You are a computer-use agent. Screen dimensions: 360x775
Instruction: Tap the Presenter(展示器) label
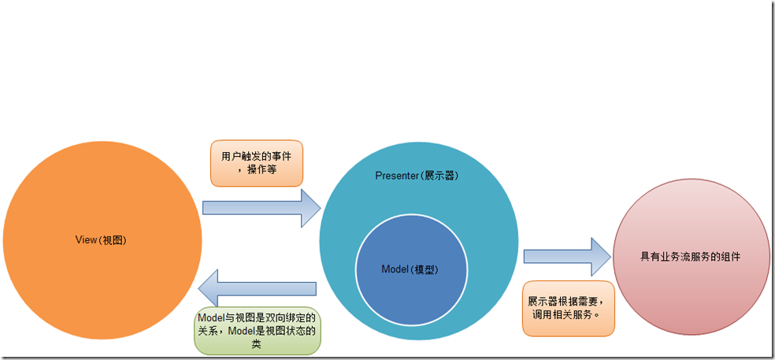point(417,175)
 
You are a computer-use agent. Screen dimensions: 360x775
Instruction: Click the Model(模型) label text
point(410,269)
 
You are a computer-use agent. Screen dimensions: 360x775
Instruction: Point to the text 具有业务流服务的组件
point(692,258)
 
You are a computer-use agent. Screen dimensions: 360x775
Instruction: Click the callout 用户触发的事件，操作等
point(257,163)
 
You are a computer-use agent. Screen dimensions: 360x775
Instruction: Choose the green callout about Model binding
point(258,331)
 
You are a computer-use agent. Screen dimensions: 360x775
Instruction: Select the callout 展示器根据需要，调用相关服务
point(567,308)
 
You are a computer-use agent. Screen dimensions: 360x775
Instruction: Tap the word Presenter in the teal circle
point(399,175)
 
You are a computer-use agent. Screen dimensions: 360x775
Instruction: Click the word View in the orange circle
point(87,240)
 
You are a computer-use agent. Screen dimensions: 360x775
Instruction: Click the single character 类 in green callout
point(258,345)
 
